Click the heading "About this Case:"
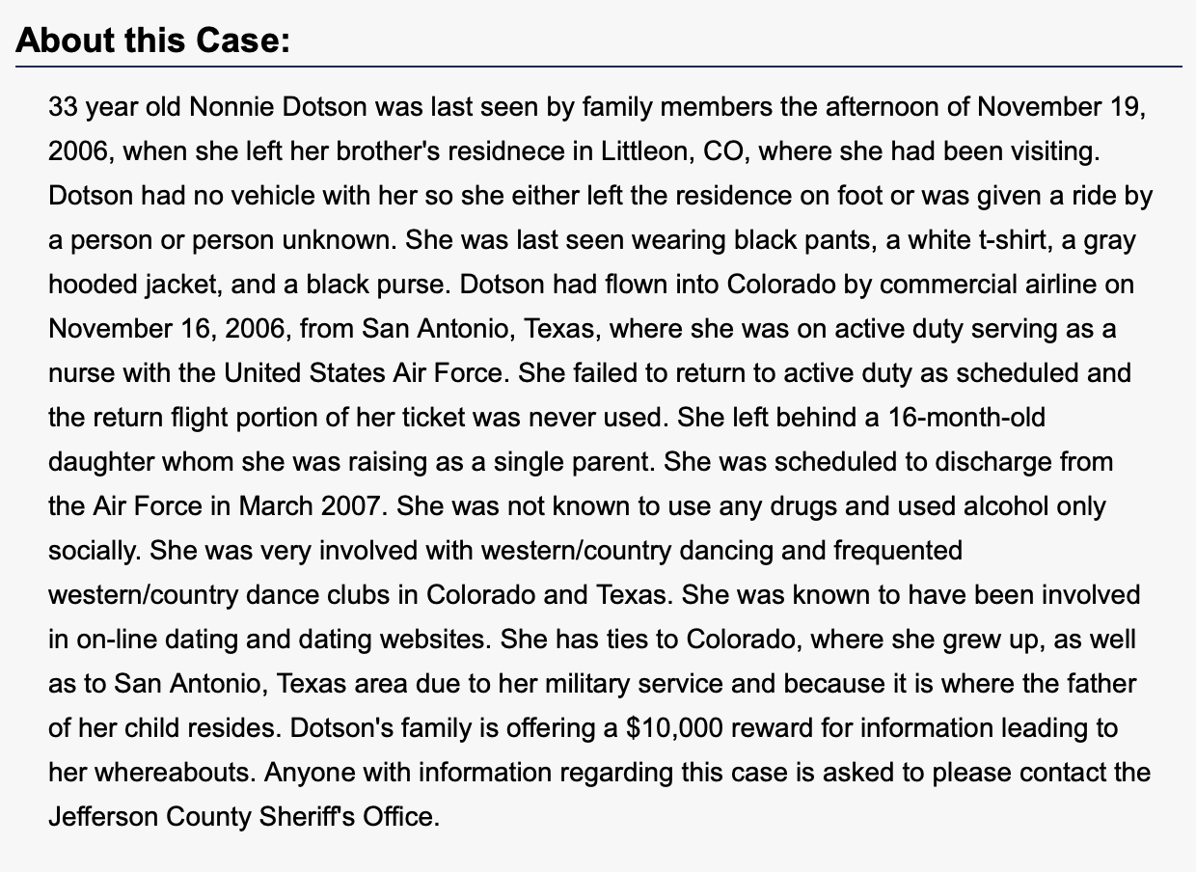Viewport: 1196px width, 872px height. click(153, 41)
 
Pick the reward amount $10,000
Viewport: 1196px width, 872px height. click(673, 727)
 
